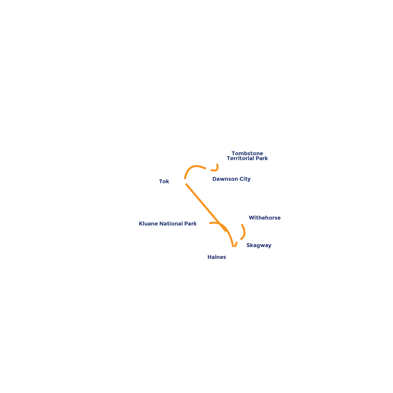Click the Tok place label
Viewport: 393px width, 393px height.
(164, 182)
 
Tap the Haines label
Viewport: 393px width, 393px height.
(217, 257)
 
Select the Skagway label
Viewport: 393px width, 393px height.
(259, 245)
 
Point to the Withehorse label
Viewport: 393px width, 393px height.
(264, 218)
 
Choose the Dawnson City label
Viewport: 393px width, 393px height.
(231, 179)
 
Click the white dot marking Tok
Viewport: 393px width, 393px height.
(184, 182)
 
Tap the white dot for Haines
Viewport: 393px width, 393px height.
(234, 250)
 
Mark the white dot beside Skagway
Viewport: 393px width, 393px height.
(238, 239)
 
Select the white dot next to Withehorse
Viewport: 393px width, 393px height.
(240, 222)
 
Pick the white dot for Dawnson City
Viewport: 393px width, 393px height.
(208, 169)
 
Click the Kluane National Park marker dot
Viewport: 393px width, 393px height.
(207, 224)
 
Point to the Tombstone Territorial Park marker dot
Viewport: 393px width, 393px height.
(217, 161)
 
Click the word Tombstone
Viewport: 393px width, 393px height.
(247, 153)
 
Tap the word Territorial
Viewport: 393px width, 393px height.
(241, 159)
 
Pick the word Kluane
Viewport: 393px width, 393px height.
(148, 224)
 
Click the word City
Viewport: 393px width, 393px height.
(245, 179)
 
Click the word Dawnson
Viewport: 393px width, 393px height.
(225, 179)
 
